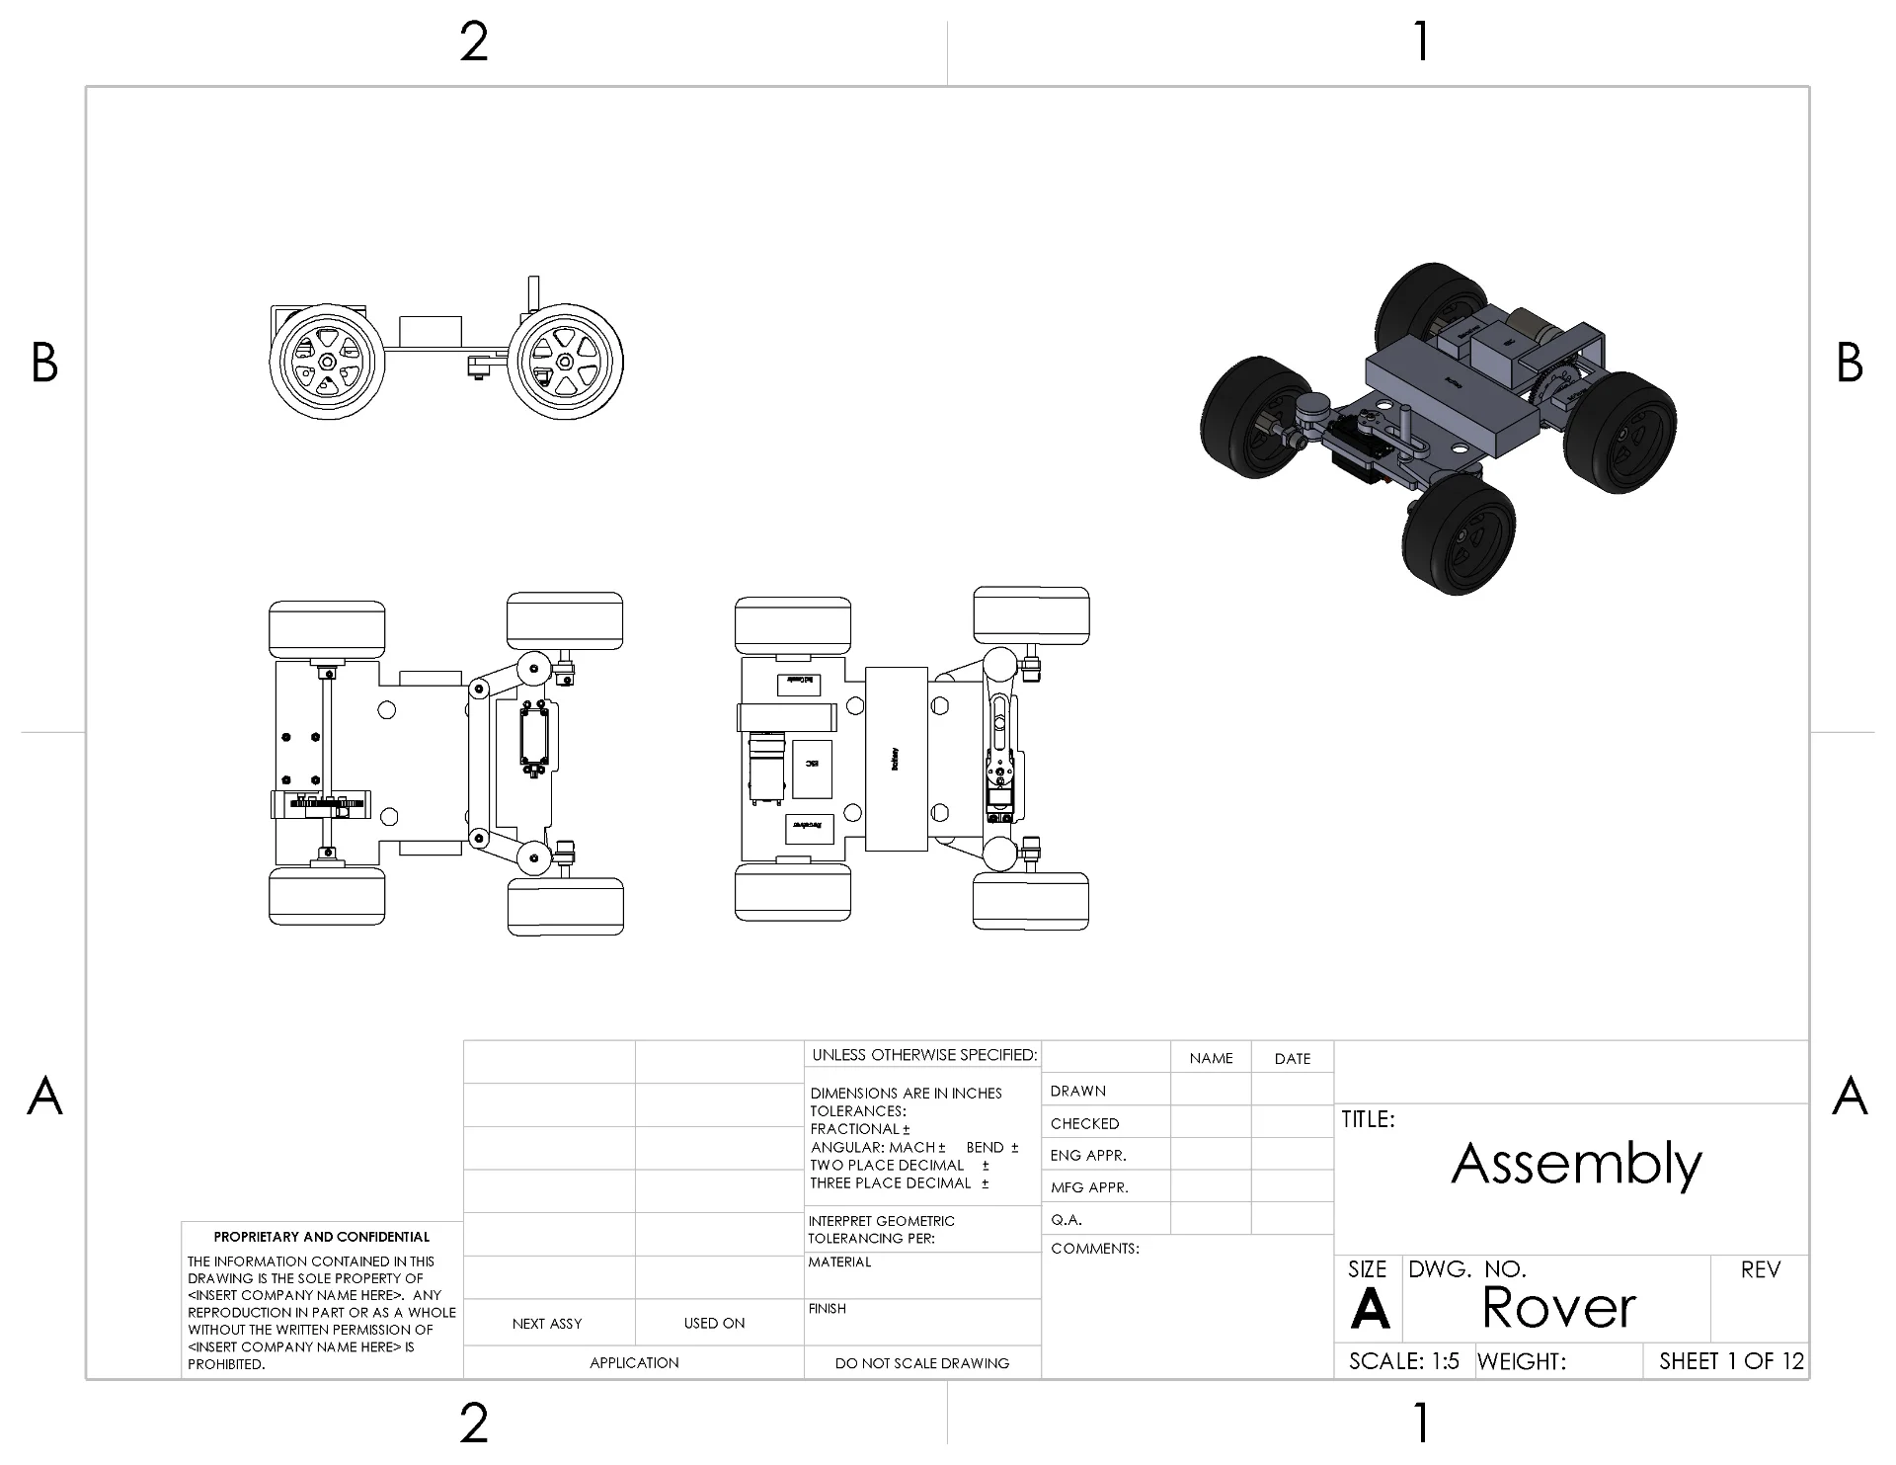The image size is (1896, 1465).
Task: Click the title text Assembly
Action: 1576,1164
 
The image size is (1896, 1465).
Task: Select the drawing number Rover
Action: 1558,1308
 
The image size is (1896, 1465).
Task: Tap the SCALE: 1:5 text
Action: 1403,1361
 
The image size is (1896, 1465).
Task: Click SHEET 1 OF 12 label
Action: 1731,1361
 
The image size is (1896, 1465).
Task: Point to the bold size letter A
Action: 1370,1310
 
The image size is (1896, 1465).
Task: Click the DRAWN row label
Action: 1077,1091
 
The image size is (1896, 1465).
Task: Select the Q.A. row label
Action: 1066,1220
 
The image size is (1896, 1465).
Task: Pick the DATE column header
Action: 1292,1059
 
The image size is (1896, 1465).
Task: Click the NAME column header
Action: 1211,1059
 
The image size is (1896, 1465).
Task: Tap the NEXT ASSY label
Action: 547,1324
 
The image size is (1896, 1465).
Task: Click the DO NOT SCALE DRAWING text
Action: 921,1363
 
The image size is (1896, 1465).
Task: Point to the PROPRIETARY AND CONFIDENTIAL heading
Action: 322,1237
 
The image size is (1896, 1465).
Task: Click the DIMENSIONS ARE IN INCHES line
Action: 906,1094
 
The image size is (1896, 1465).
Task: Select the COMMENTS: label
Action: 1094,1249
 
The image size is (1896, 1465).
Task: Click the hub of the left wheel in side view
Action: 326,362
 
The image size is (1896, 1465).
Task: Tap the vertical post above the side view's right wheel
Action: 533,293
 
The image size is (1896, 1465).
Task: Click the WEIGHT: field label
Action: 1521,1362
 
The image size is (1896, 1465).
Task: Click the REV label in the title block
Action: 1760,1270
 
